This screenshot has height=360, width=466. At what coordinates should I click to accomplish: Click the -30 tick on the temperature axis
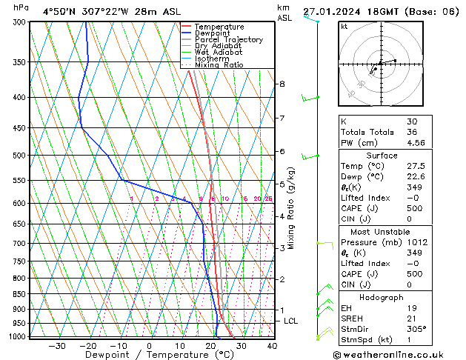click(x=57, y=346)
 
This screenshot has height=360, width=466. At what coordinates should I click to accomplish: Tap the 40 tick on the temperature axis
click(x=272, y=346)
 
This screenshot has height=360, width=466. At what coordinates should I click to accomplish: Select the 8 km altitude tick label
click(x=282, y=84)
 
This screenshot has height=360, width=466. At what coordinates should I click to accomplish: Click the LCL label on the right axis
click(x=290, y=321)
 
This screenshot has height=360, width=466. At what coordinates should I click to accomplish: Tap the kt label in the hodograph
click(x=344, y=27)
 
